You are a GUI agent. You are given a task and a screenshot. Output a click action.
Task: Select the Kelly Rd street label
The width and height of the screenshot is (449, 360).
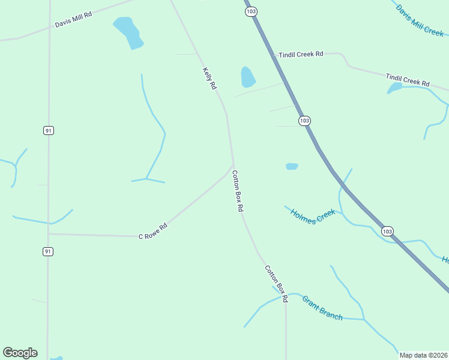pyautogui.click(x=209, y=78)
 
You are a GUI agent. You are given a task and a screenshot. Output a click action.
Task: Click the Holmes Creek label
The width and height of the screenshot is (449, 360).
pyautogui.click(x=312, y=215)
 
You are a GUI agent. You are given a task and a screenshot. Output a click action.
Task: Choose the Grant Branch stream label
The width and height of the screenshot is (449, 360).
pyautogui.click(x=322, y=308)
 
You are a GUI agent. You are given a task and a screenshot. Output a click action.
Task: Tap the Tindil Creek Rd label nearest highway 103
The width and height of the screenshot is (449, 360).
pyautogui.click(x=301, y=55)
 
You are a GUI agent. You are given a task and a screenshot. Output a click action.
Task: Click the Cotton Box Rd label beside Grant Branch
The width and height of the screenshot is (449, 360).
pyautogui.click(x=277, y=283)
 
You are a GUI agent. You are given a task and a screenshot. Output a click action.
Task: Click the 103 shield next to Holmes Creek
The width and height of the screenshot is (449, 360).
pyautogui.click(x=387, y=231)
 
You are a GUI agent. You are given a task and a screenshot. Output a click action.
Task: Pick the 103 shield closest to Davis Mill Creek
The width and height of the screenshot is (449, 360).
pyautogui.click(x=250, y=11)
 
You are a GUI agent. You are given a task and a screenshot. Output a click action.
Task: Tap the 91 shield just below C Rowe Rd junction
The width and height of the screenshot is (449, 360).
pyautogui.click(x=48, y=252)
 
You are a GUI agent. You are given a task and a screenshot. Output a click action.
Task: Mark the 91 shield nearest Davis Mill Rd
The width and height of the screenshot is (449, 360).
pyautogui.click(x=49, y=130)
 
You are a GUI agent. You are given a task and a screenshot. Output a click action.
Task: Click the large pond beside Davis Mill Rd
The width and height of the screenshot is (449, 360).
pyautogui.click(x=128, y=32)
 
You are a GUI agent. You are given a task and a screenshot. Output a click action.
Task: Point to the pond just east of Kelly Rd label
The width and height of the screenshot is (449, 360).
pyautogui.click(x=247, y=77)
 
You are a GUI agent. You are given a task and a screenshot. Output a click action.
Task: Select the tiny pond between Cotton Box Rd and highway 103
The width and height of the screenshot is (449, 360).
pyautogui.click(x=292, y=166)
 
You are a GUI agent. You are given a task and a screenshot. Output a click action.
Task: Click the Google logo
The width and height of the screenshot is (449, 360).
pyautogui.click(x=20, y=353)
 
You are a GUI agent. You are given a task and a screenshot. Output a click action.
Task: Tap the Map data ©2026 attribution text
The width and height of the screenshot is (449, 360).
pyautogui.click(x=423, y=355)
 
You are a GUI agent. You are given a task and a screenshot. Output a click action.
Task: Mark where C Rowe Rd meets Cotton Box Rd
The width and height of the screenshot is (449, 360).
pyautogui.click(x=233, y=165)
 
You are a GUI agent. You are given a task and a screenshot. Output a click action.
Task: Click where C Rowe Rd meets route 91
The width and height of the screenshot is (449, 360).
pyautogui.click(x=49, y=234)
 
